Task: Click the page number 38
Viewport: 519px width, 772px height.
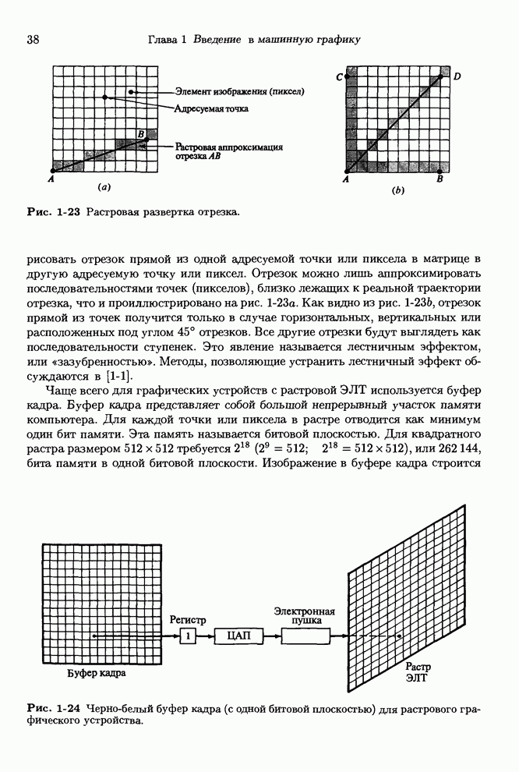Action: tap(34, 40)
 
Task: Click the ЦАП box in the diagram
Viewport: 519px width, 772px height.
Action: tap(238, 636)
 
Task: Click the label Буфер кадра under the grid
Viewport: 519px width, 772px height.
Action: tap(95, 672)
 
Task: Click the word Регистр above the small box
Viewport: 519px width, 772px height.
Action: tap(187, 620)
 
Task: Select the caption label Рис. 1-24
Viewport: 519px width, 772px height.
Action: tap(54, 707)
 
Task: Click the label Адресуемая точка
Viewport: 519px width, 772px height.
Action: tap(211, 108)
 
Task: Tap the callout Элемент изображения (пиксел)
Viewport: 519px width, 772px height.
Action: tap(239, 92)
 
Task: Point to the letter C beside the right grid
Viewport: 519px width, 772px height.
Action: tap(339, 76)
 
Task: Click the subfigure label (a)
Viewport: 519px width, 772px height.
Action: tap(103, 187)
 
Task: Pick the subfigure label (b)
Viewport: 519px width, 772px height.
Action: tap(397, 189)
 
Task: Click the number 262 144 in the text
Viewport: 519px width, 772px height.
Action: tap(468, 450)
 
